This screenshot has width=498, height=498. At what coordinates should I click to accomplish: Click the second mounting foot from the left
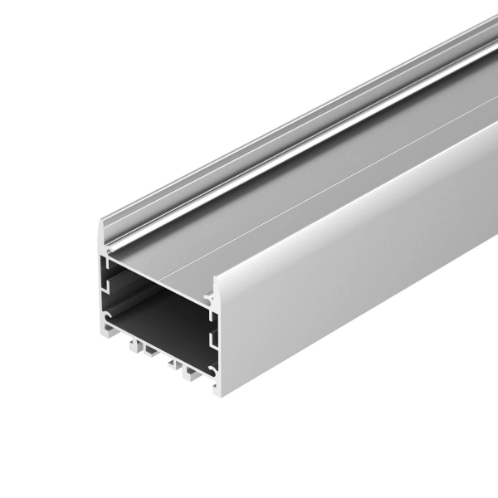(149, 354)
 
